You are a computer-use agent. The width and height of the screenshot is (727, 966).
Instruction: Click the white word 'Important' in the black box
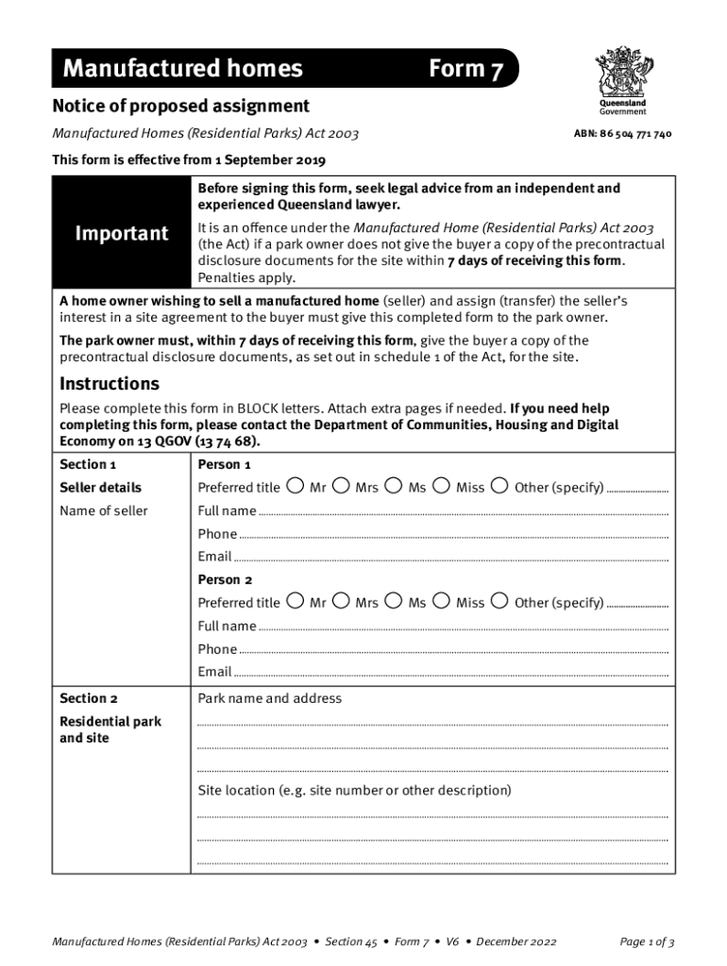point(122,233)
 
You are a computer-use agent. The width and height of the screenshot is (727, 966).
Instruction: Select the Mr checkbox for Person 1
point(296,487)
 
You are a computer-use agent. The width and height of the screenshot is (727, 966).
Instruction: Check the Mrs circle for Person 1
point(342,487)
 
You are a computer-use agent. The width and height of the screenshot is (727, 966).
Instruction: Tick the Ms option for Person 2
point(395,602)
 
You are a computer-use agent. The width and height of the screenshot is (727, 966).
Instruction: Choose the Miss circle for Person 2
point(442,602)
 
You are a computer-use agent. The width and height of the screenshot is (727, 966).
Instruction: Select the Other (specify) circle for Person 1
point(500,487)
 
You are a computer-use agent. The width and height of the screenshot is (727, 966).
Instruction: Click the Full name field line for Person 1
point(463,512)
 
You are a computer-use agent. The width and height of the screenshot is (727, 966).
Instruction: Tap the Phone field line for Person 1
point(453,536)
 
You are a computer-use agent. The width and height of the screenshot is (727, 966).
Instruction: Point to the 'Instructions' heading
point(110,384)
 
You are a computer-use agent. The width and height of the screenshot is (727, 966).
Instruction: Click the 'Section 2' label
point(89,699)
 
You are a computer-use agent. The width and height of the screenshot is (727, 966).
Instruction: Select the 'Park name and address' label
point(269,699)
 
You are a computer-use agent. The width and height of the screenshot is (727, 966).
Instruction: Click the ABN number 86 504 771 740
point(622,134)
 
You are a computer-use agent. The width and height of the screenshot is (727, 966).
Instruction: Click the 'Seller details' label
point(100,488)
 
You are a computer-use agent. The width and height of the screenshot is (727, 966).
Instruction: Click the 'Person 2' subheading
point(225,580)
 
